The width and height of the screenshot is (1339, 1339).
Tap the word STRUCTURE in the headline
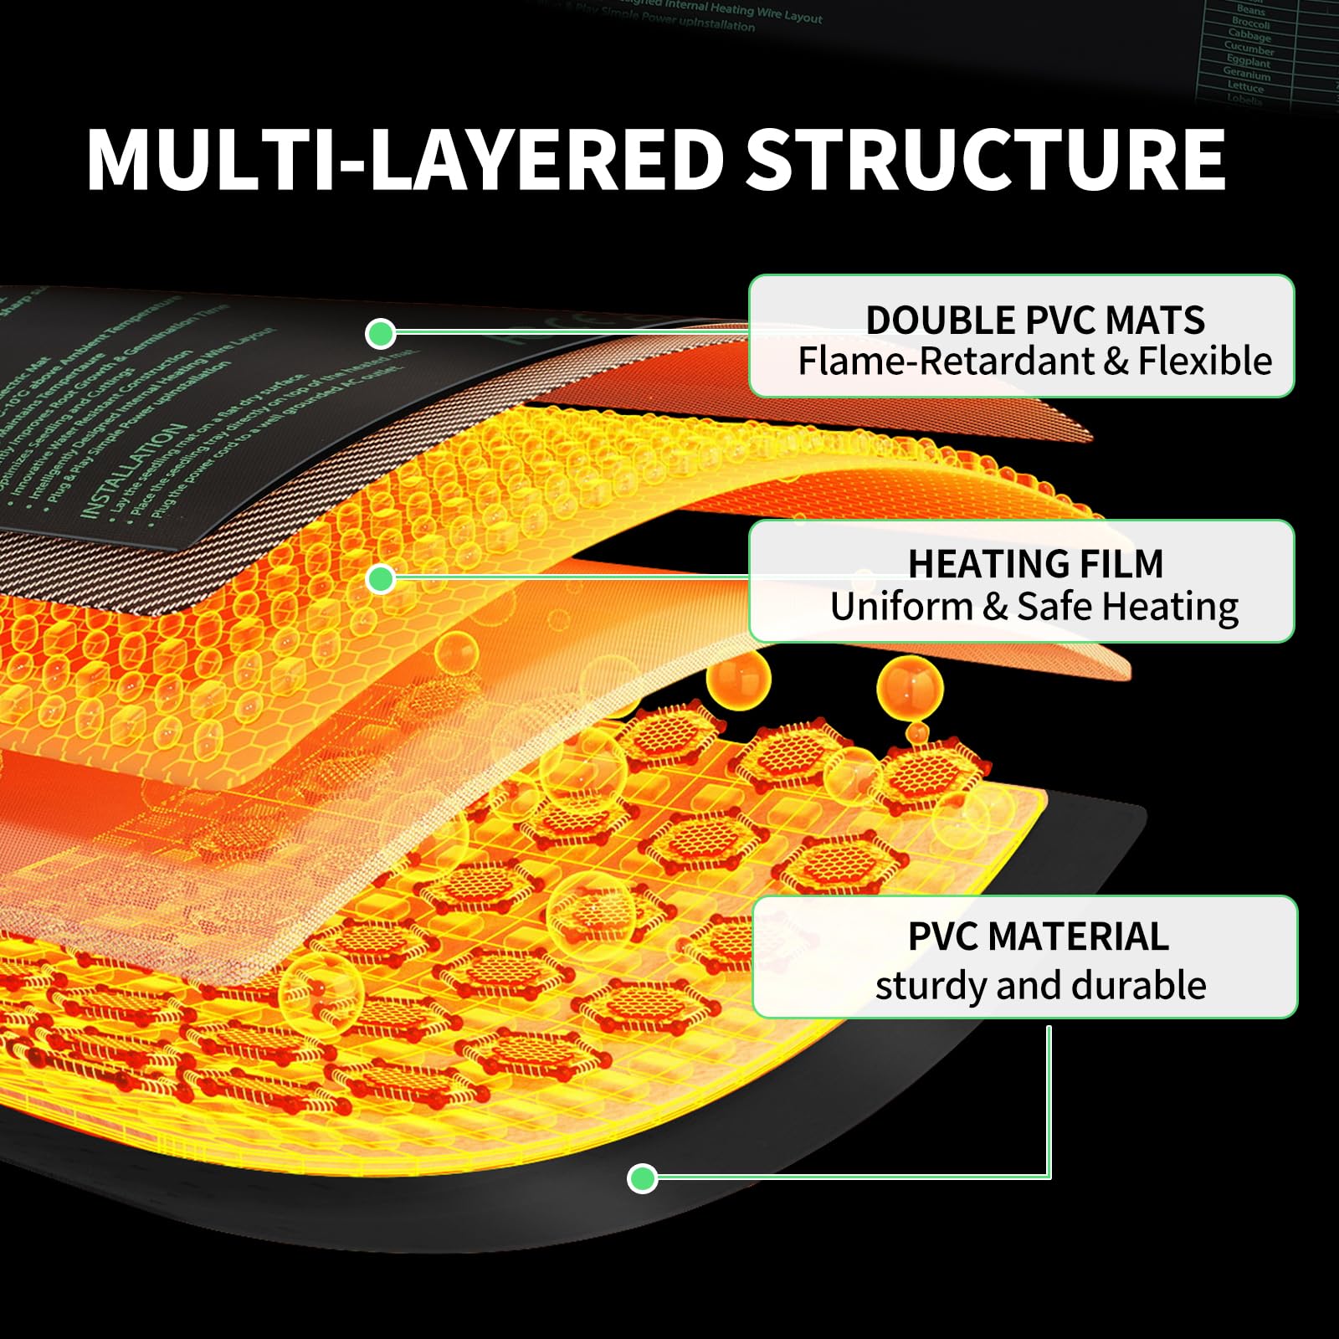(986, 160)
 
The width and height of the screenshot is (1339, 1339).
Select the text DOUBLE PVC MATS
(1034, 321)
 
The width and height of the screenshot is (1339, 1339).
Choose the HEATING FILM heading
(1035, 564)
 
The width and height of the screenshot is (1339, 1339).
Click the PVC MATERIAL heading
(1038, 936)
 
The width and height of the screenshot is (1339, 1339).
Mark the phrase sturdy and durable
(1040, 986)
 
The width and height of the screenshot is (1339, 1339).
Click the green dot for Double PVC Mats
(381, 334)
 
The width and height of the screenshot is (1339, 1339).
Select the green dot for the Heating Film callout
(381, 578)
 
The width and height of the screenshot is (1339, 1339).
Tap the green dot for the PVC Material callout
(642, 1178)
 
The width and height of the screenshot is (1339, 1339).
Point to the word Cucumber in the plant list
(1249, 49)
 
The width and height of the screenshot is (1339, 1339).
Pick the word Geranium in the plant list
(1246, 74)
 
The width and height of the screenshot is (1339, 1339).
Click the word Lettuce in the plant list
(1245, 87)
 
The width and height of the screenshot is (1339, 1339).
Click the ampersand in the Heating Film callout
(994, 608)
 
